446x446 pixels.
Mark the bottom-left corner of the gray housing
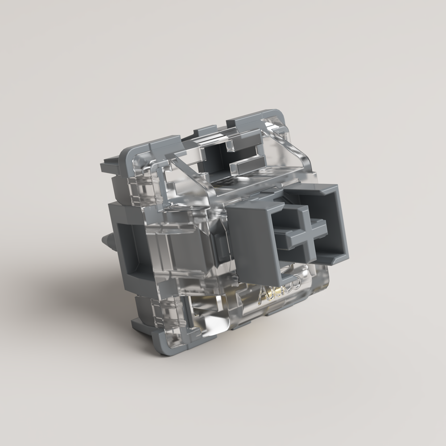tap(159, 346)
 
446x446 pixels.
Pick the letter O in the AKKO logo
tap(297, 282)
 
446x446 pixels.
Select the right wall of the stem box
tap(341, 223)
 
